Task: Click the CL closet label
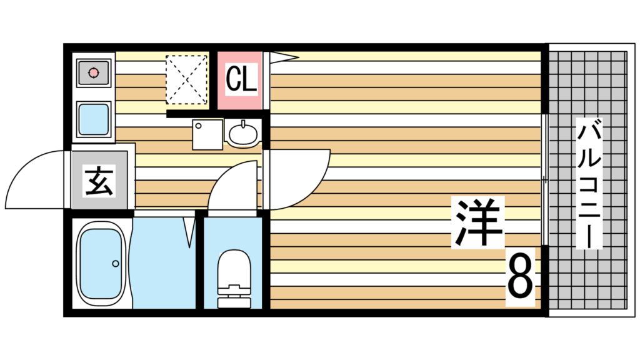pos(242,79)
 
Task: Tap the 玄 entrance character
pos(99,180)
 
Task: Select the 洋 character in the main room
pos(477,222)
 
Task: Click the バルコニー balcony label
pos(589,183)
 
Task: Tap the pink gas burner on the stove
pos(94,72)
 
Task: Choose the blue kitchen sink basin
pos(94,119)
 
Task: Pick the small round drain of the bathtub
pos(116,264)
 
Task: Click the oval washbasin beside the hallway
pos(243,133)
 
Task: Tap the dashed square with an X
pos(186,79)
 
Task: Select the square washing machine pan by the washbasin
pos(207,134)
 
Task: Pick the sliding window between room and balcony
pos(544,179)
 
